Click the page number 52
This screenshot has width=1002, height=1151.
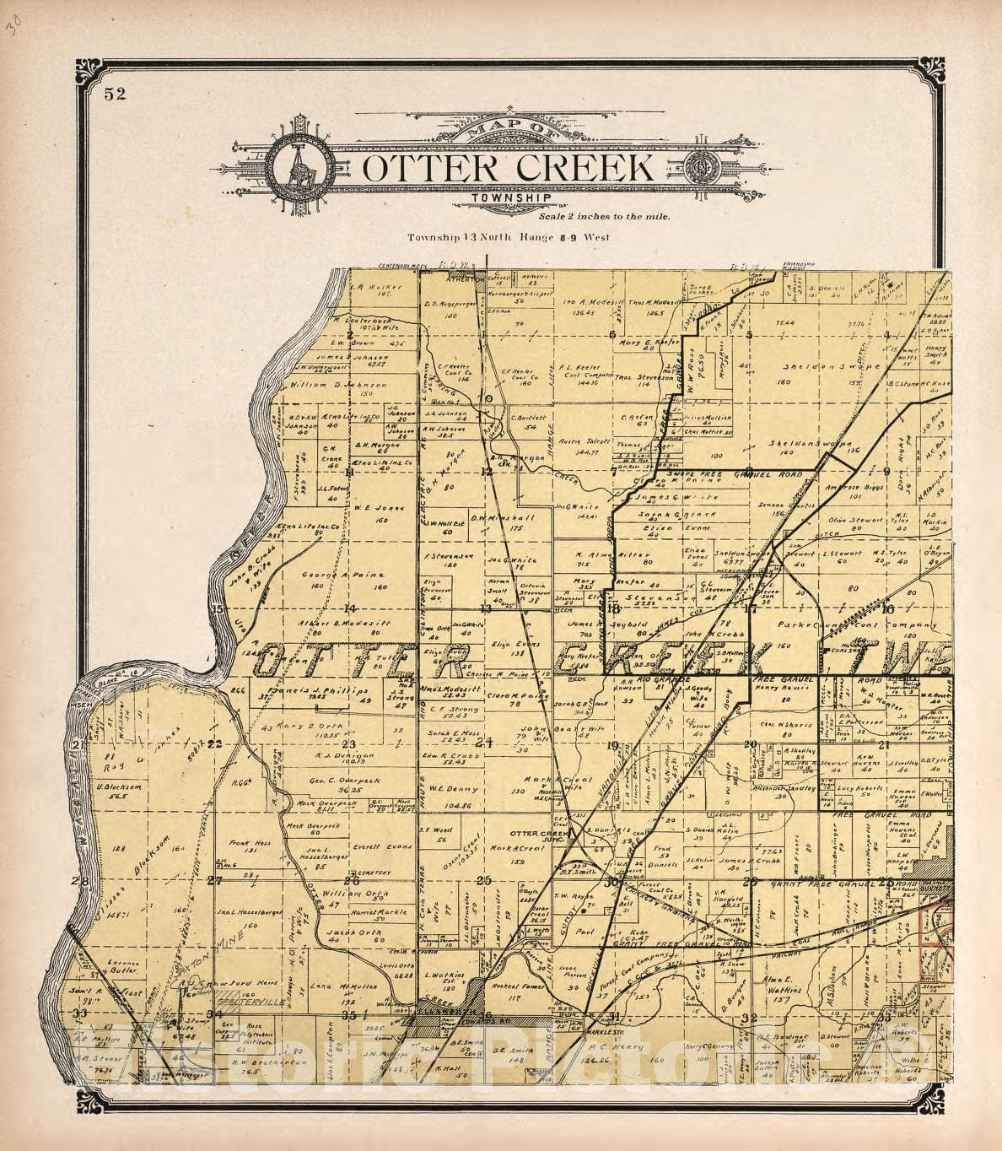click(116, 94)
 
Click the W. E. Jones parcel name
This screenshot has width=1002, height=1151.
click(368, 508)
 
